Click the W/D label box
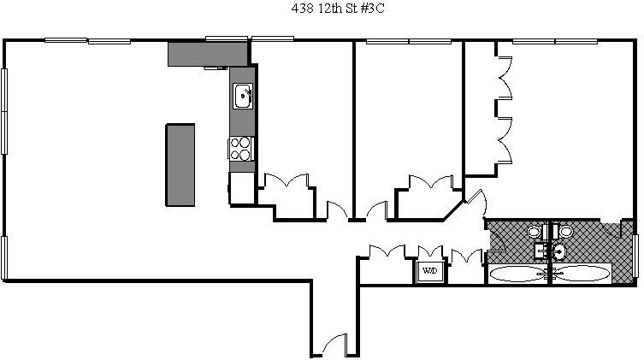tap(429, 271)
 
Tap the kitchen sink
tap(243, 97)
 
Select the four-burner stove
tap(241, 149)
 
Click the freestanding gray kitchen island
tap(180, 164)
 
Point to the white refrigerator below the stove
tap(241, 187)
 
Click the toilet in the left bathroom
tap(535, 232)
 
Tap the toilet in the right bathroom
tap(565, 232)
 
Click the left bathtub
tap(517, 274)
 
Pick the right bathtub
tap(582, 274)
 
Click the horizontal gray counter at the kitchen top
tap(208, 54)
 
